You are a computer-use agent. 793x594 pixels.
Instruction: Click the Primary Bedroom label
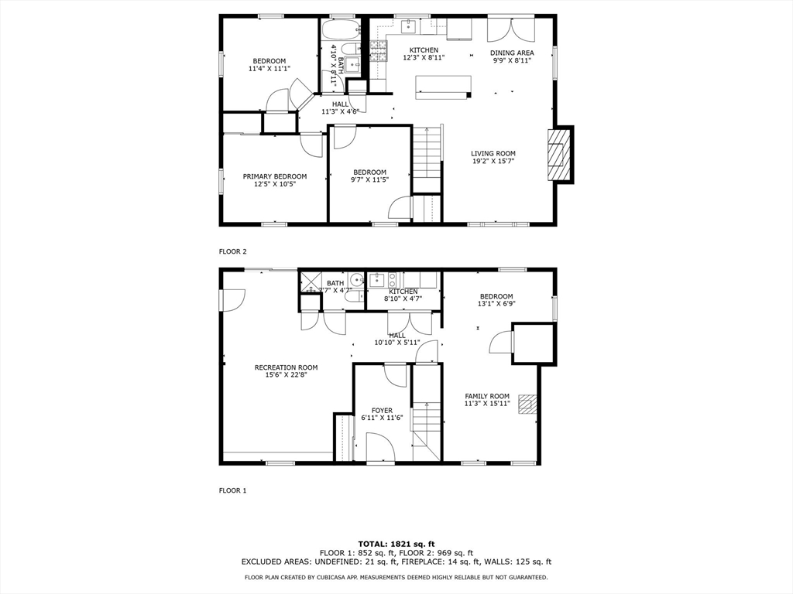point(275,176)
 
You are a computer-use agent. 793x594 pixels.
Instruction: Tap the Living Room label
point(493,154)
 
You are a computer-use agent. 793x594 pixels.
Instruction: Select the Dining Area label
point(512,53)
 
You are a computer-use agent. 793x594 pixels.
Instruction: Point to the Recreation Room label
point(287,367)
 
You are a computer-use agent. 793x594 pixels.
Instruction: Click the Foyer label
point(382,411)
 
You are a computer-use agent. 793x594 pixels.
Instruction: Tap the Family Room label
point(487,396)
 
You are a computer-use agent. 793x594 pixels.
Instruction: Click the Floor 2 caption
point(232,251)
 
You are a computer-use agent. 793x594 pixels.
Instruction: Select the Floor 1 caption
point(232,490)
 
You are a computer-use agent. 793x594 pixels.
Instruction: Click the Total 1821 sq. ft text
point(396,544)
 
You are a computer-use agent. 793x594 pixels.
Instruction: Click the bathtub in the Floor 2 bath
point(341,30)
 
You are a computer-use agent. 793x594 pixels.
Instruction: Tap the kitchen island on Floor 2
point(444,87)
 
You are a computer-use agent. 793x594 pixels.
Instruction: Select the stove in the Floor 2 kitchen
point(378,51)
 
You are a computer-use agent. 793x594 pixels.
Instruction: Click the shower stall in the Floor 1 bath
point(311,282)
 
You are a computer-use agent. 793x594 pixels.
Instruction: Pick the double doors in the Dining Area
point(511,30)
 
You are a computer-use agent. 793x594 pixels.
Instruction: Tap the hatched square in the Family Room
point(528,405)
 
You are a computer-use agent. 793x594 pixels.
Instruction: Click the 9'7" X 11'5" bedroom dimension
point(369,179)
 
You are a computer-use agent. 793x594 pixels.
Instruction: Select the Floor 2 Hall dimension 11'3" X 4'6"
point(341,111)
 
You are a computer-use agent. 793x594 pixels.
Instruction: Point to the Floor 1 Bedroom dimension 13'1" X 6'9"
point(496,304)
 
